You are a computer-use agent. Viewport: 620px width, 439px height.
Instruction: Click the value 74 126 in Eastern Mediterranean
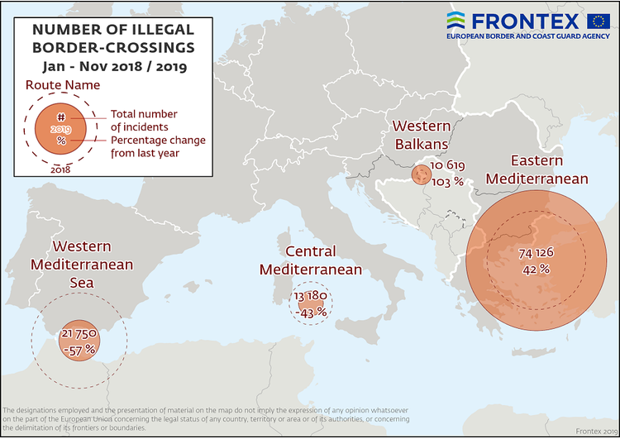pos(536,252)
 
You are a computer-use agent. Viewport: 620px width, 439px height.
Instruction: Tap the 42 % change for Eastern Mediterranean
pos(536,270)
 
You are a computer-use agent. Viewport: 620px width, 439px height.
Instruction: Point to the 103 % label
pos(447,182)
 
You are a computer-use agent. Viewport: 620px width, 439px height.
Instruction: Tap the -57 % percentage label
pos(79,350)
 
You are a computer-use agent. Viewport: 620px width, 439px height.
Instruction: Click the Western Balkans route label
pos(421,135)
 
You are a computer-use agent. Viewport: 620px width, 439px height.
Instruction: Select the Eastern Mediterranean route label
pos(537,169)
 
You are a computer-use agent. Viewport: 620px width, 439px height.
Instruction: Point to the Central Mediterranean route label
pos(310,260)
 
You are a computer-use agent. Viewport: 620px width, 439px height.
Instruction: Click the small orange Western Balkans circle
pos(422,174)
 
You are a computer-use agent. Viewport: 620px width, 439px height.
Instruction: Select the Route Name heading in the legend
pos(63,84)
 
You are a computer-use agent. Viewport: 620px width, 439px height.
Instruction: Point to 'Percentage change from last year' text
pos(157,146)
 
